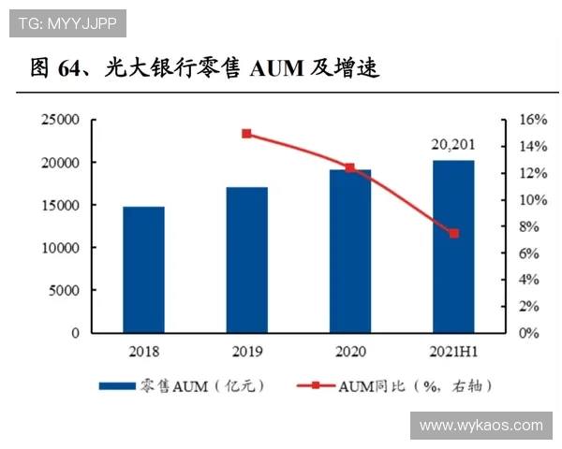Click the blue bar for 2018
coord(143,269)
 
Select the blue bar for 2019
coord(246,260)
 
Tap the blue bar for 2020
coord(349,251)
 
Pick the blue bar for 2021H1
coord(453,246)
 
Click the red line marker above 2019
coord(247,134)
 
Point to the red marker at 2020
coord(350,168)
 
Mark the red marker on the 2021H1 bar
coord(454,233)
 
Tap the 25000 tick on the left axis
coord(59,121)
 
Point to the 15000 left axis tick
coord(59,206)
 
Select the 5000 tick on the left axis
coord(63,291)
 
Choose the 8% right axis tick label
coord(529,227)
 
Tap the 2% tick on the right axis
coord(529,307)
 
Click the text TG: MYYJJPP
coord(67,22)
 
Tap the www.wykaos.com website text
coord(481,426)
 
